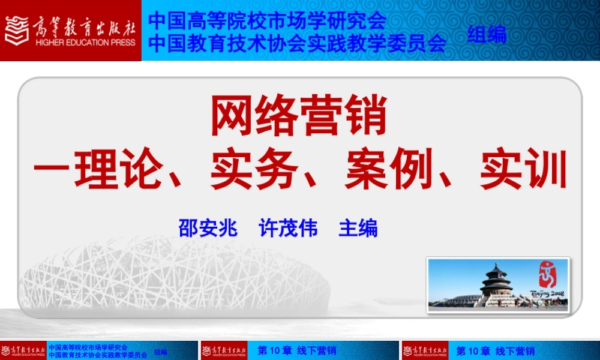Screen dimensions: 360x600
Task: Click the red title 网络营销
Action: click(298, 118)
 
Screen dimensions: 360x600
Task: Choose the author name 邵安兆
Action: click(208, 228)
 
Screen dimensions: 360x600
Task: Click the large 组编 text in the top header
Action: click(487, 34)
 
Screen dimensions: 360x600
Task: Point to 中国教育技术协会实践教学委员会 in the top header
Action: click(297, 43)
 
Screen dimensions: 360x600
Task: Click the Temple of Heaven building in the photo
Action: click(496, 282)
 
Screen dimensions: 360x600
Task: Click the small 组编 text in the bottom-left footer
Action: click(161, 352)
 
